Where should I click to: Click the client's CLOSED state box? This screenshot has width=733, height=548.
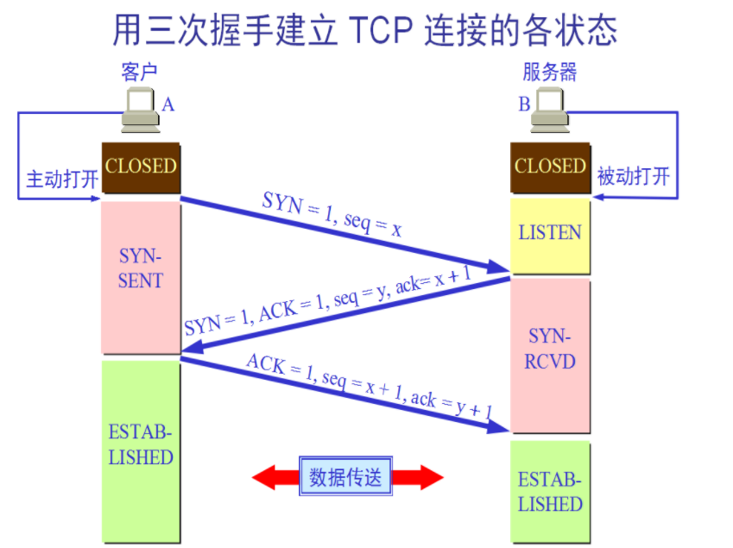pos(141,167)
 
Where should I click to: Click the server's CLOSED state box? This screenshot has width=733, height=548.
pos(550,166)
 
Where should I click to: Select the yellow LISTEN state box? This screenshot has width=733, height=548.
pos(550,234)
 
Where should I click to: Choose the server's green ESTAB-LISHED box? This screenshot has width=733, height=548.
pos(550,492)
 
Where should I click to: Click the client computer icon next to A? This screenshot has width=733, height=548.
pos(139,111)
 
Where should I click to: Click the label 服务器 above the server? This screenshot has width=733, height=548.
pos(550,72)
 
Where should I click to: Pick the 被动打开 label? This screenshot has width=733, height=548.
pos(634,177)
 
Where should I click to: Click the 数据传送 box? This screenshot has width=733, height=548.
pos(344,476)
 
